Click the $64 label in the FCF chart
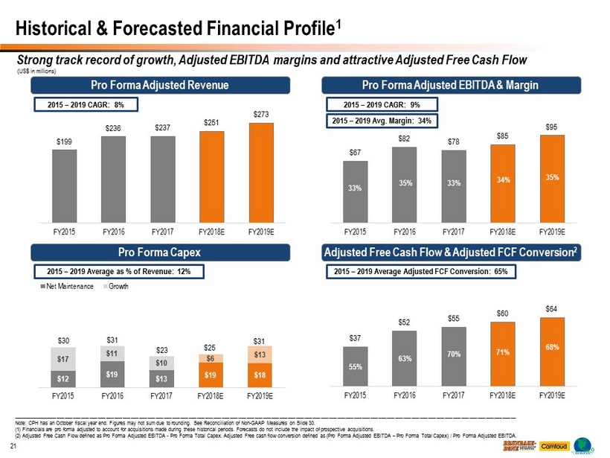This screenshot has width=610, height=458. [x=549, y=308]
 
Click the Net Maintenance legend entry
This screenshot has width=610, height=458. [x=65, y=287]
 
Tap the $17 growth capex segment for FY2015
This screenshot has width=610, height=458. [x=63, y=360]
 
